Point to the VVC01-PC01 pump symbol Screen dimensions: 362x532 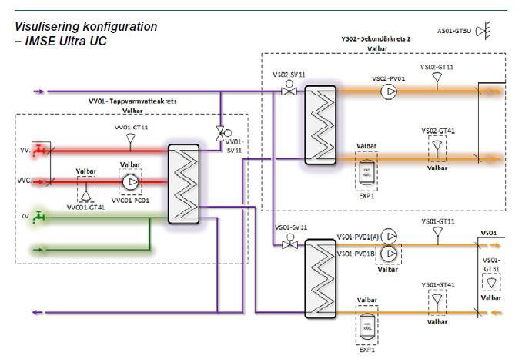(x=131, y=183)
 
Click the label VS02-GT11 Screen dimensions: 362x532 (x=437, y=67)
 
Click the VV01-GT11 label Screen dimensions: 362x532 (x=131, y=126)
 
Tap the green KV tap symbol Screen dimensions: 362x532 (x=41, y=218)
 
